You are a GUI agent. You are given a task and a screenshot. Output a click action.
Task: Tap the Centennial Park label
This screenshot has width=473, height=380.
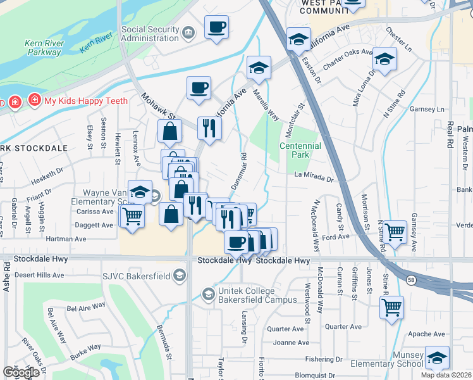coord(300,150)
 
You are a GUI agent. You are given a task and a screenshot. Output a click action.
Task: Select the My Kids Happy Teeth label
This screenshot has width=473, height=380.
coord(85,100)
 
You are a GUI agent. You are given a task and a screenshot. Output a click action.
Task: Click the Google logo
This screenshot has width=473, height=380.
coord(21,372)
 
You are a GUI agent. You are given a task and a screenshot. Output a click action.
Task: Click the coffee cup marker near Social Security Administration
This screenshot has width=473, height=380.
coord(216,28)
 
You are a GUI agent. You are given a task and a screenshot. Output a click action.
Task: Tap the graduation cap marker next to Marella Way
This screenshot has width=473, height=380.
coord(259,68)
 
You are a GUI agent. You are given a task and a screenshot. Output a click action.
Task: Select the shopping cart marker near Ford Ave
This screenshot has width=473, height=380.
coord(395,232)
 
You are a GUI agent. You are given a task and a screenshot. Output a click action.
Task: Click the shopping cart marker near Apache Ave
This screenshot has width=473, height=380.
coord(391,307)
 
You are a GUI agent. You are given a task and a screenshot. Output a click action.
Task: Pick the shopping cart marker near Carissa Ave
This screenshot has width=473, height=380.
coord(132,216)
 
